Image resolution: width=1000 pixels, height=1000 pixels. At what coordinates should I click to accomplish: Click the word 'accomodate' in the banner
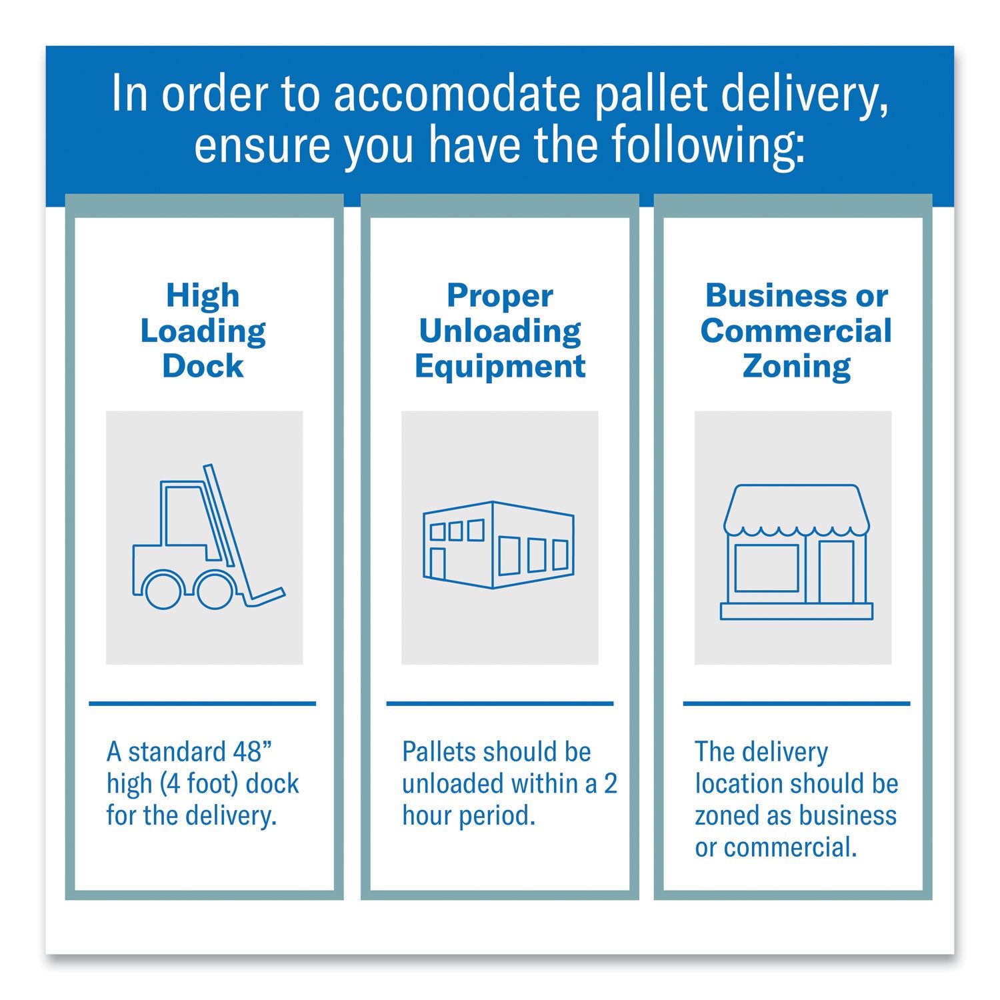click(457, 94)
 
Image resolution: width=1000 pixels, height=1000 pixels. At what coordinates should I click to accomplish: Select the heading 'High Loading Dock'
click(203, 331)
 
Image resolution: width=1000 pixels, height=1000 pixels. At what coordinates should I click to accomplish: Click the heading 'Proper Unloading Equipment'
click(500, 331)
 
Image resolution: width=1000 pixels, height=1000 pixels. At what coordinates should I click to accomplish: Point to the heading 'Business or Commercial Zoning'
click(796, 331)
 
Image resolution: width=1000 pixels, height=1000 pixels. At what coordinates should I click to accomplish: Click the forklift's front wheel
click(215, 589)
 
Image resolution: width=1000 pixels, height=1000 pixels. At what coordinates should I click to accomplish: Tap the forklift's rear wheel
click(163, 589)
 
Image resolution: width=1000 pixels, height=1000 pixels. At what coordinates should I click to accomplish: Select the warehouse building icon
click(499, 545)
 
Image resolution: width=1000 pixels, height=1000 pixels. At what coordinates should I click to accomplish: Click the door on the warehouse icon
click(438, 563)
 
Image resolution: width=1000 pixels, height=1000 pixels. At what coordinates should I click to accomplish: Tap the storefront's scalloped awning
click(797, 510)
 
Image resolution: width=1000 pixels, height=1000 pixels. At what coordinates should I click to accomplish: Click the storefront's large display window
click(767, 568)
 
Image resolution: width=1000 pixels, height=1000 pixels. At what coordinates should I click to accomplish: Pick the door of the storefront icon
click(837, 571)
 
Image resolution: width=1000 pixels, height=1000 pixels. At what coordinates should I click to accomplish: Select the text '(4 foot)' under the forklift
click(199, 784)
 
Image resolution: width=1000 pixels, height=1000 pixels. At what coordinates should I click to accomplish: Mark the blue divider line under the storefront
click(797, 703)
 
